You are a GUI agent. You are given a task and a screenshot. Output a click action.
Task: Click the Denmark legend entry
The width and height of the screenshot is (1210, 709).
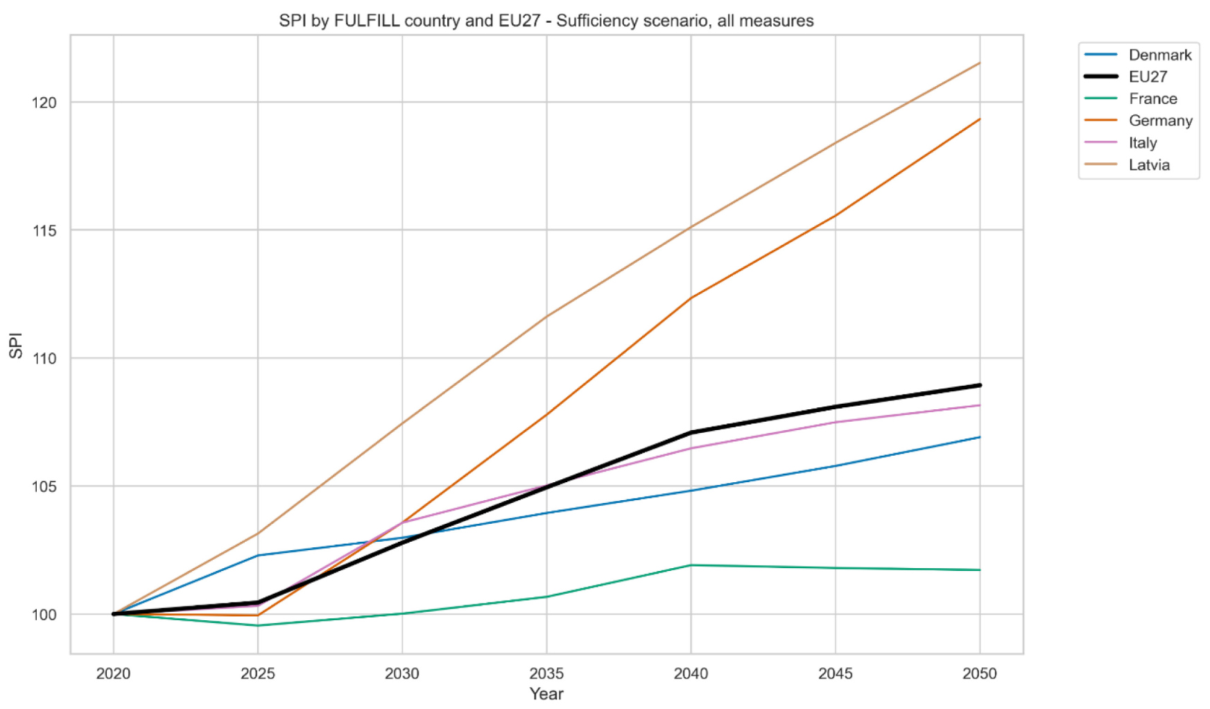pyautogui.click(x=1159, y=55)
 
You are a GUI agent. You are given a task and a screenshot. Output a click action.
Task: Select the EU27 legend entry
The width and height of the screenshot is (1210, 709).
pyautogui.click(x=1148, y=77)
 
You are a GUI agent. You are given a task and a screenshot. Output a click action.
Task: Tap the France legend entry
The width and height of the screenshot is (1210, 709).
pyautogui.click(x=1152, y=99)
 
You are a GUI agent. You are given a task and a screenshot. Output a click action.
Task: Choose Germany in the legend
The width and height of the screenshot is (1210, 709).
pyautogui.click(x=1160, y=121)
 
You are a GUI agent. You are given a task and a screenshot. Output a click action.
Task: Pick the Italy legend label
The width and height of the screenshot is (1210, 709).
pyautogui.click(x=1142, y=143)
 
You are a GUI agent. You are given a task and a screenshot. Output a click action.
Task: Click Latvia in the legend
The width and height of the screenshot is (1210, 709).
pyautogui.click(x=1149, y=165)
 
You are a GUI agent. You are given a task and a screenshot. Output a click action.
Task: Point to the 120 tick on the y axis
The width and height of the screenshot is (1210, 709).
pyautogui.click(x=44, y=103)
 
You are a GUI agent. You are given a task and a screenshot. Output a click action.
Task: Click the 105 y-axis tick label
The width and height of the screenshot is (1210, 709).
pyautogui.click(x=44, y=486)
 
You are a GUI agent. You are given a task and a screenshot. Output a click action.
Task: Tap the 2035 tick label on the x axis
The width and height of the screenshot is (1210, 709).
pyautogui.click(x=546, y=674)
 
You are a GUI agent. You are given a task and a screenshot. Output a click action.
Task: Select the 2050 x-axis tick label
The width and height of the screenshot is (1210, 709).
pyautogui.click(x=979, y=674)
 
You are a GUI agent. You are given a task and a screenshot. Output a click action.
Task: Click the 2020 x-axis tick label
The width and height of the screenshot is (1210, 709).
pyautogui.click(x=114, y=674)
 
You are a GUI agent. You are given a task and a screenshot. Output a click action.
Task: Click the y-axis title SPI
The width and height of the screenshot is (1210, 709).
pyautogui.click(x=16, y=345)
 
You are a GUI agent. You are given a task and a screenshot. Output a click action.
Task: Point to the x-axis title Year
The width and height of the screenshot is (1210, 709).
pyautogui.click(x=546, y=694)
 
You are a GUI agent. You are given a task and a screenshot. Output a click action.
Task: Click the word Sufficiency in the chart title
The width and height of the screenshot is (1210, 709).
pyautogui.click(x=598, y=21)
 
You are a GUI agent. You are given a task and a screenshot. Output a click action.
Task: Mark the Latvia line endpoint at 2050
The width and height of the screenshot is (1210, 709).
pyautogui.click(x=979, y=63)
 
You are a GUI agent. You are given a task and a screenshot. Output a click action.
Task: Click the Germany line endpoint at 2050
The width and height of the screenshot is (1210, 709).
pyautogui.click(x=979, y=119)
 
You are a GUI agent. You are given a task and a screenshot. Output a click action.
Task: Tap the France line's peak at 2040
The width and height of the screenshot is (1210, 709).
pyautogui.click(x=691, y=565)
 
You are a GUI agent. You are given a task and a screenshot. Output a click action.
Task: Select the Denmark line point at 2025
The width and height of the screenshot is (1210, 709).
pyautogui.click(x=258, y=555)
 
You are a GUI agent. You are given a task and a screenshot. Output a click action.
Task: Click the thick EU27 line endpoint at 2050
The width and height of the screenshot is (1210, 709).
pyautogui.click(x=979, y=385)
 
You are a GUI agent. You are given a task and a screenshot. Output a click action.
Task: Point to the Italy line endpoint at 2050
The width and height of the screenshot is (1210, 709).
pyautogui.click(x=979, y=405)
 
